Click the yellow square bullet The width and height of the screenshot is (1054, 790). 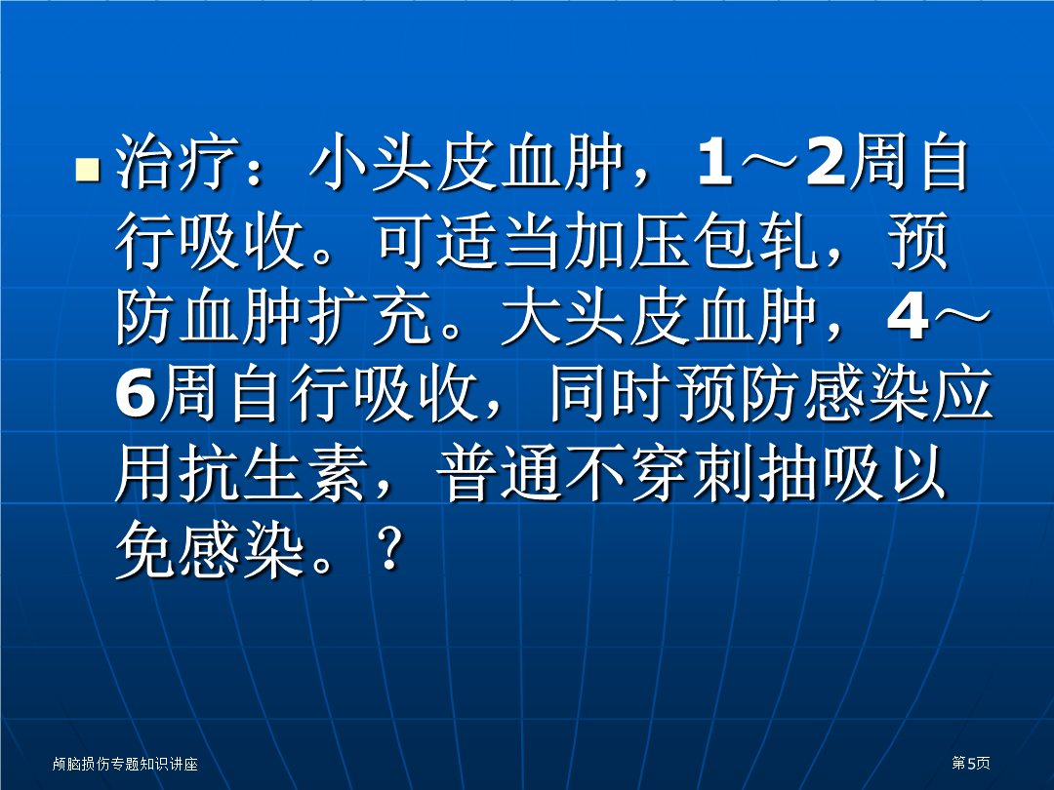[x=88, y=170]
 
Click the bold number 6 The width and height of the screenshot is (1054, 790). [x=136, y=394]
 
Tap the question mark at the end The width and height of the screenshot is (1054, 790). [x=390, y=548]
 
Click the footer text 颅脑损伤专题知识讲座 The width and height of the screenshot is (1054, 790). [x=125, y=764]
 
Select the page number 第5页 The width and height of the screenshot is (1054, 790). [x=971, y=763]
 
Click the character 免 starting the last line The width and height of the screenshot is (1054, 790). [x=145, y=549]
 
